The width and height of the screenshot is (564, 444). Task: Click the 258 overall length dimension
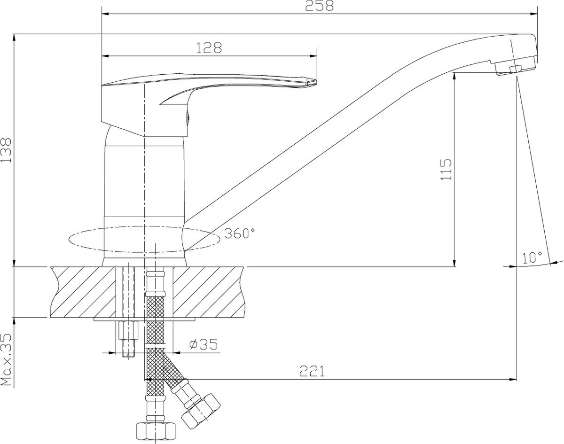320,6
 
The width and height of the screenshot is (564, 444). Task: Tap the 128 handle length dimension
209,48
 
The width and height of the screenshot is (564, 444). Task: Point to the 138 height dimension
6,150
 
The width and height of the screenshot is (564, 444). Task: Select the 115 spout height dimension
446,169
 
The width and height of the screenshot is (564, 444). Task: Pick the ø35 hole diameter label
204,344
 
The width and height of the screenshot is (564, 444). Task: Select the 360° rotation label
240,233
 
